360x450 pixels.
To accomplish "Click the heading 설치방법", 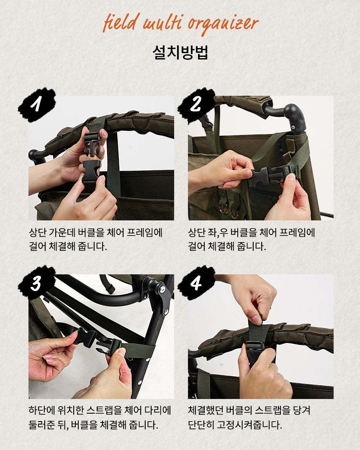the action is pos(180,52).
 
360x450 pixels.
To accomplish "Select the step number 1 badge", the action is pos(37,104).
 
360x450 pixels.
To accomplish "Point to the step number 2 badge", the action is pos(196,104).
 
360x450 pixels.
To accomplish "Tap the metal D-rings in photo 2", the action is pos(229,209).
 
